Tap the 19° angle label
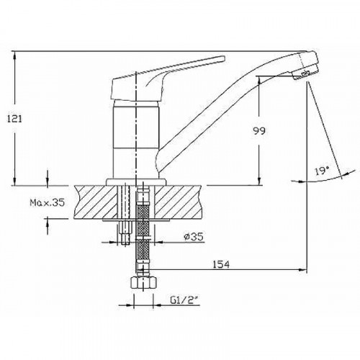(322, 171)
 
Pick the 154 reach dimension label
(223, 264)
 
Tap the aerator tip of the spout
(308, 71)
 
